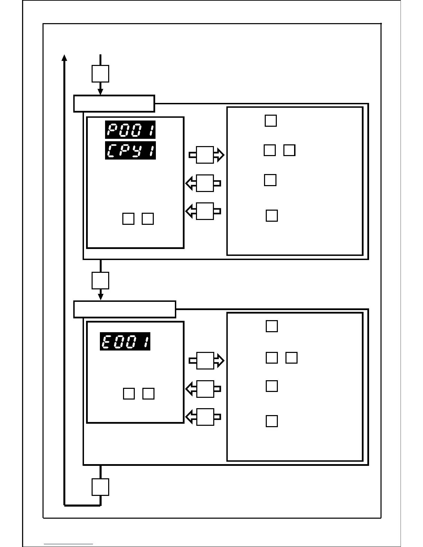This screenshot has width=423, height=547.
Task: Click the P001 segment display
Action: tap(130, 130)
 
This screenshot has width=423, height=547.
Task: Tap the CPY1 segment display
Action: tap(130, 151)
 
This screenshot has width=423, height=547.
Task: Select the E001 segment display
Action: tap(125, 342)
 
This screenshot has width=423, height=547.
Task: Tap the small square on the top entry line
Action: tap(100, 74)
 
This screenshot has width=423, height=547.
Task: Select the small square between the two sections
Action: tap(100, 280)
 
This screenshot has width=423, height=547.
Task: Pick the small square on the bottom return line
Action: tap(100, 487)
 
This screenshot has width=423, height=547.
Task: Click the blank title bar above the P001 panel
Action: tap(114, 104)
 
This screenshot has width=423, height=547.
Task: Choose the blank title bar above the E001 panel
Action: tap(125, 309)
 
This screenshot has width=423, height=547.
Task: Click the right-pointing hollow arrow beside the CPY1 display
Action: tap(206, 155)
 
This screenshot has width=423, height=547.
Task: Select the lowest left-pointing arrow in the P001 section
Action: tap(204, 211)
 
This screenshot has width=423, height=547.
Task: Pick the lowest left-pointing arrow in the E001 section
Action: tap(204, 417)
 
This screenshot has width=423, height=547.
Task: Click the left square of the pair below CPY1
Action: tap(128, 219)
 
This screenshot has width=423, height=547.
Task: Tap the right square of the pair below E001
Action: tap(149, 394)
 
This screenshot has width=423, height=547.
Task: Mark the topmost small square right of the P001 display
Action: tap(271, 121)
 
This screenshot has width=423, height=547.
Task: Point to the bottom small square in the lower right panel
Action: tap(272, 421)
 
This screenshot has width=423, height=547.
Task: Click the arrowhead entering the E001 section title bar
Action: tap(101, 297)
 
